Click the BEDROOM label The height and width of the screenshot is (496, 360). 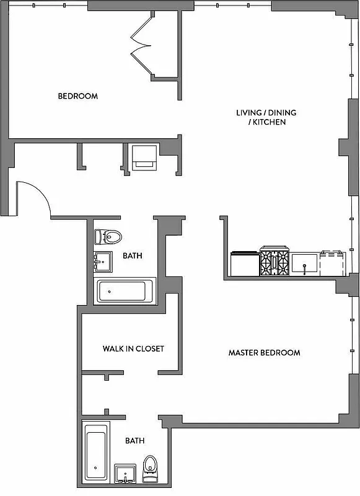(x=77, y=96)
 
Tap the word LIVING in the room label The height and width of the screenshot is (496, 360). (x=249, y=113)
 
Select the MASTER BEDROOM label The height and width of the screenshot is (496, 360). (x=264, y=353)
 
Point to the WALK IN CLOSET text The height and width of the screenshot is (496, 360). (x=133, y=348)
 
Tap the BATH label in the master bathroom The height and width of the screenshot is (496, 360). (x=134, y=441)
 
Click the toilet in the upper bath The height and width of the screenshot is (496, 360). (x=108, y=237)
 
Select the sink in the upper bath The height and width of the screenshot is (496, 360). (x=103, y=262)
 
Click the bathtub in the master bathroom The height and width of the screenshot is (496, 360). (x=96, y=454)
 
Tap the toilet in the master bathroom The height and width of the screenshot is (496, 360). (x=151, y=469)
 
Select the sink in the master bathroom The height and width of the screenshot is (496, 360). (x=126, y=472)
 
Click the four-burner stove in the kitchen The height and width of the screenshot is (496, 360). (x=274, y=262)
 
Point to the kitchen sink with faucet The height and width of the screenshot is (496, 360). (x=305, y=264)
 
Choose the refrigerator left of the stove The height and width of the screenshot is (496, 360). (x=244, y=263)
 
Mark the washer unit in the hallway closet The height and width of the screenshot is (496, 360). (x=144, y=157)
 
